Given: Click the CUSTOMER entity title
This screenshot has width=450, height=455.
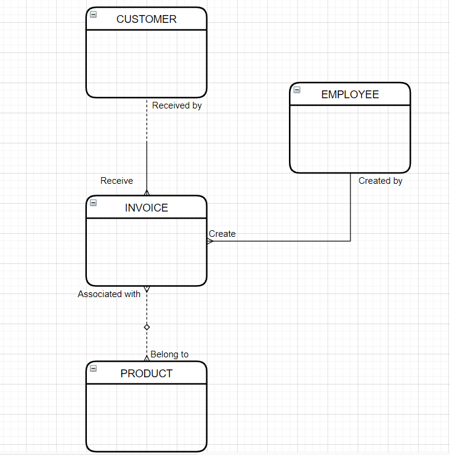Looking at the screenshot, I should [x=146, y=19].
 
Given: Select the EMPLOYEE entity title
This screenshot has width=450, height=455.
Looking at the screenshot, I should [x=350, y=95].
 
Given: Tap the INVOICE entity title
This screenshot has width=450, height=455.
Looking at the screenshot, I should [x=146, y=208].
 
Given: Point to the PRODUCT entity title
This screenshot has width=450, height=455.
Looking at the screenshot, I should [x=146, y=374].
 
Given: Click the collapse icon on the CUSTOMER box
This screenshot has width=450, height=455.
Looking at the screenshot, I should [x=93, y=14].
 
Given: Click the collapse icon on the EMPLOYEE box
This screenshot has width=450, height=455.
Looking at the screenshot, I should [x=297, y=90].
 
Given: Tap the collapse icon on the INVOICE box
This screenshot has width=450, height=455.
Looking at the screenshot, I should [x=93, y=202].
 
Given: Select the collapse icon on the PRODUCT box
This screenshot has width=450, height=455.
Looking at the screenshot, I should [x=93, y=368].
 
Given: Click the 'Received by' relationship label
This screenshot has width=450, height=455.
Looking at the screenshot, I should [x=177, y=105].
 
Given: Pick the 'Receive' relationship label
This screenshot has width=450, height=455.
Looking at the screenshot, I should [x=116, y=181].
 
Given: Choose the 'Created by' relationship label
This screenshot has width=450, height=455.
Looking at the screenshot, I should [x=380, y=181].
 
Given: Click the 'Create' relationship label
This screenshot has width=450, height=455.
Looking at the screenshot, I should [x=222, y=234].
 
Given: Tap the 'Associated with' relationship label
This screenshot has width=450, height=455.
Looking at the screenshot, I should [x=109, y=294].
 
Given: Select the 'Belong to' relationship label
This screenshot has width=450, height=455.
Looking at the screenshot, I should [x=170, y=354].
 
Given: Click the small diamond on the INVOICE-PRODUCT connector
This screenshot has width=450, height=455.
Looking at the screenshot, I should [x=147, y=327].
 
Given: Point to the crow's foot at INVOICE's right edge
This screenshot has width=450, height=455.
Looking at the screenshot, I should [x=210, y=241].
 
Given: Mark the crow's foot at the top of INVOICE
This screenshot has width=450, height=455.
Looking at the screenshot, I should [x=147, y=192].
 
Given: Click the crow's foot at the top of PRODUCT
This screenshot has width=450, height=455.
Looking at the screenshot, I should [x=147, y=358].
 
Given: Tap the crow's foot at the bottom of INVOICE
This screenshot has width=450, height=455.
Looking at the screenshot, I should [x=147, y=289].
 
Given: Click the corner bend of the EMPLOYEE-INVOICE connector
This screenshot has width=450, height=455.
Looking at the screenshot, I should [x=350, y=241].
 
